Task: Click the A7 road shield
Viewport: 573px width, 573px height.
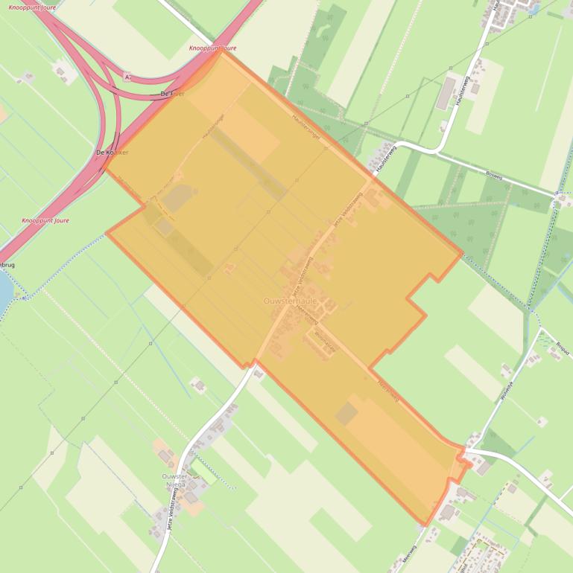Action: [127, 77]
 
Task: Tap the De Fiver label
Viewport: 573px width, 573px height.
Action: [172, 94]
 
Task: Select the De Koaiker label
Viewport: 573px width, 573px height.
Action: [113, 152]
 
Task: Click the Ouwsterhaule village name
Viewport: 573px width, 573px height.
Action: [290, 301]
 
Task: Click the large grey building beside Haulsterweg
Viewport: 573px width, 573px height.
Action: [446, 93]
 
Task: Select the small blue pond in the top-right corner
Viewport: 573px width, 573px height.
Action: [534, 9]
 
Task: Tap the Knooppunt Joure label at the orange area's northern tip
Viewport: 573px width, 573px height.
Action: [212, 48]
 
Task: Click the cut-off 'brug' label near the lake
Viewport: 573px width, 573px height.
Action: [7, 265]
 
